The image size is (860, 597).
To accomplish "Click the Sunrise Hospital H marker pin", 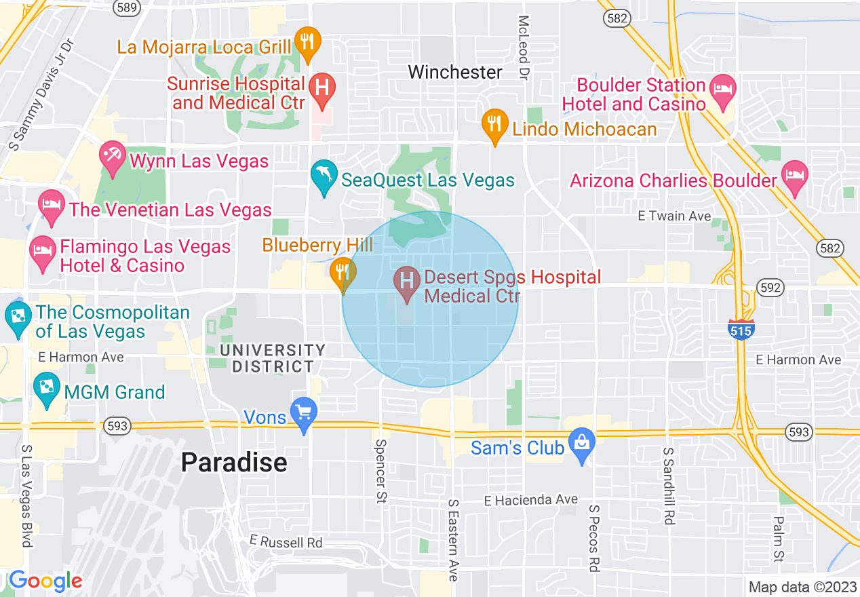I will point(322,89).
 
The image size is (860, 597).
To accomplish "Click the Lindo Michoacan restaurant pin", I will point(495,124).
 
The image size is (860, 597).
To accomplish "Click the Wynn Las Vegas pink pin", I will point(112,157).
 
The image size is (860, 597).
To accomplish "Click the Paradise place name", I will point(234,463).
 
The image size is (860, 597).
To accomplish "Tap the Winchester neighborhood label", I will point(455,72).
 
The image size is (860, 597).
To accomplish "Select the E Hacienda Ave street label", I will point(531,500).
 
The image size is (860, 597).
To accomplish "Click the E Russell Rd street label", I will point(286,542).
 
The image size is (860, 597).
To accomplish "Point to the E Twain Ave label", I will point(674,216).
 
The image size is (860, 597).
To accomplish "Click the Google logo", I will point(45,581).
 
